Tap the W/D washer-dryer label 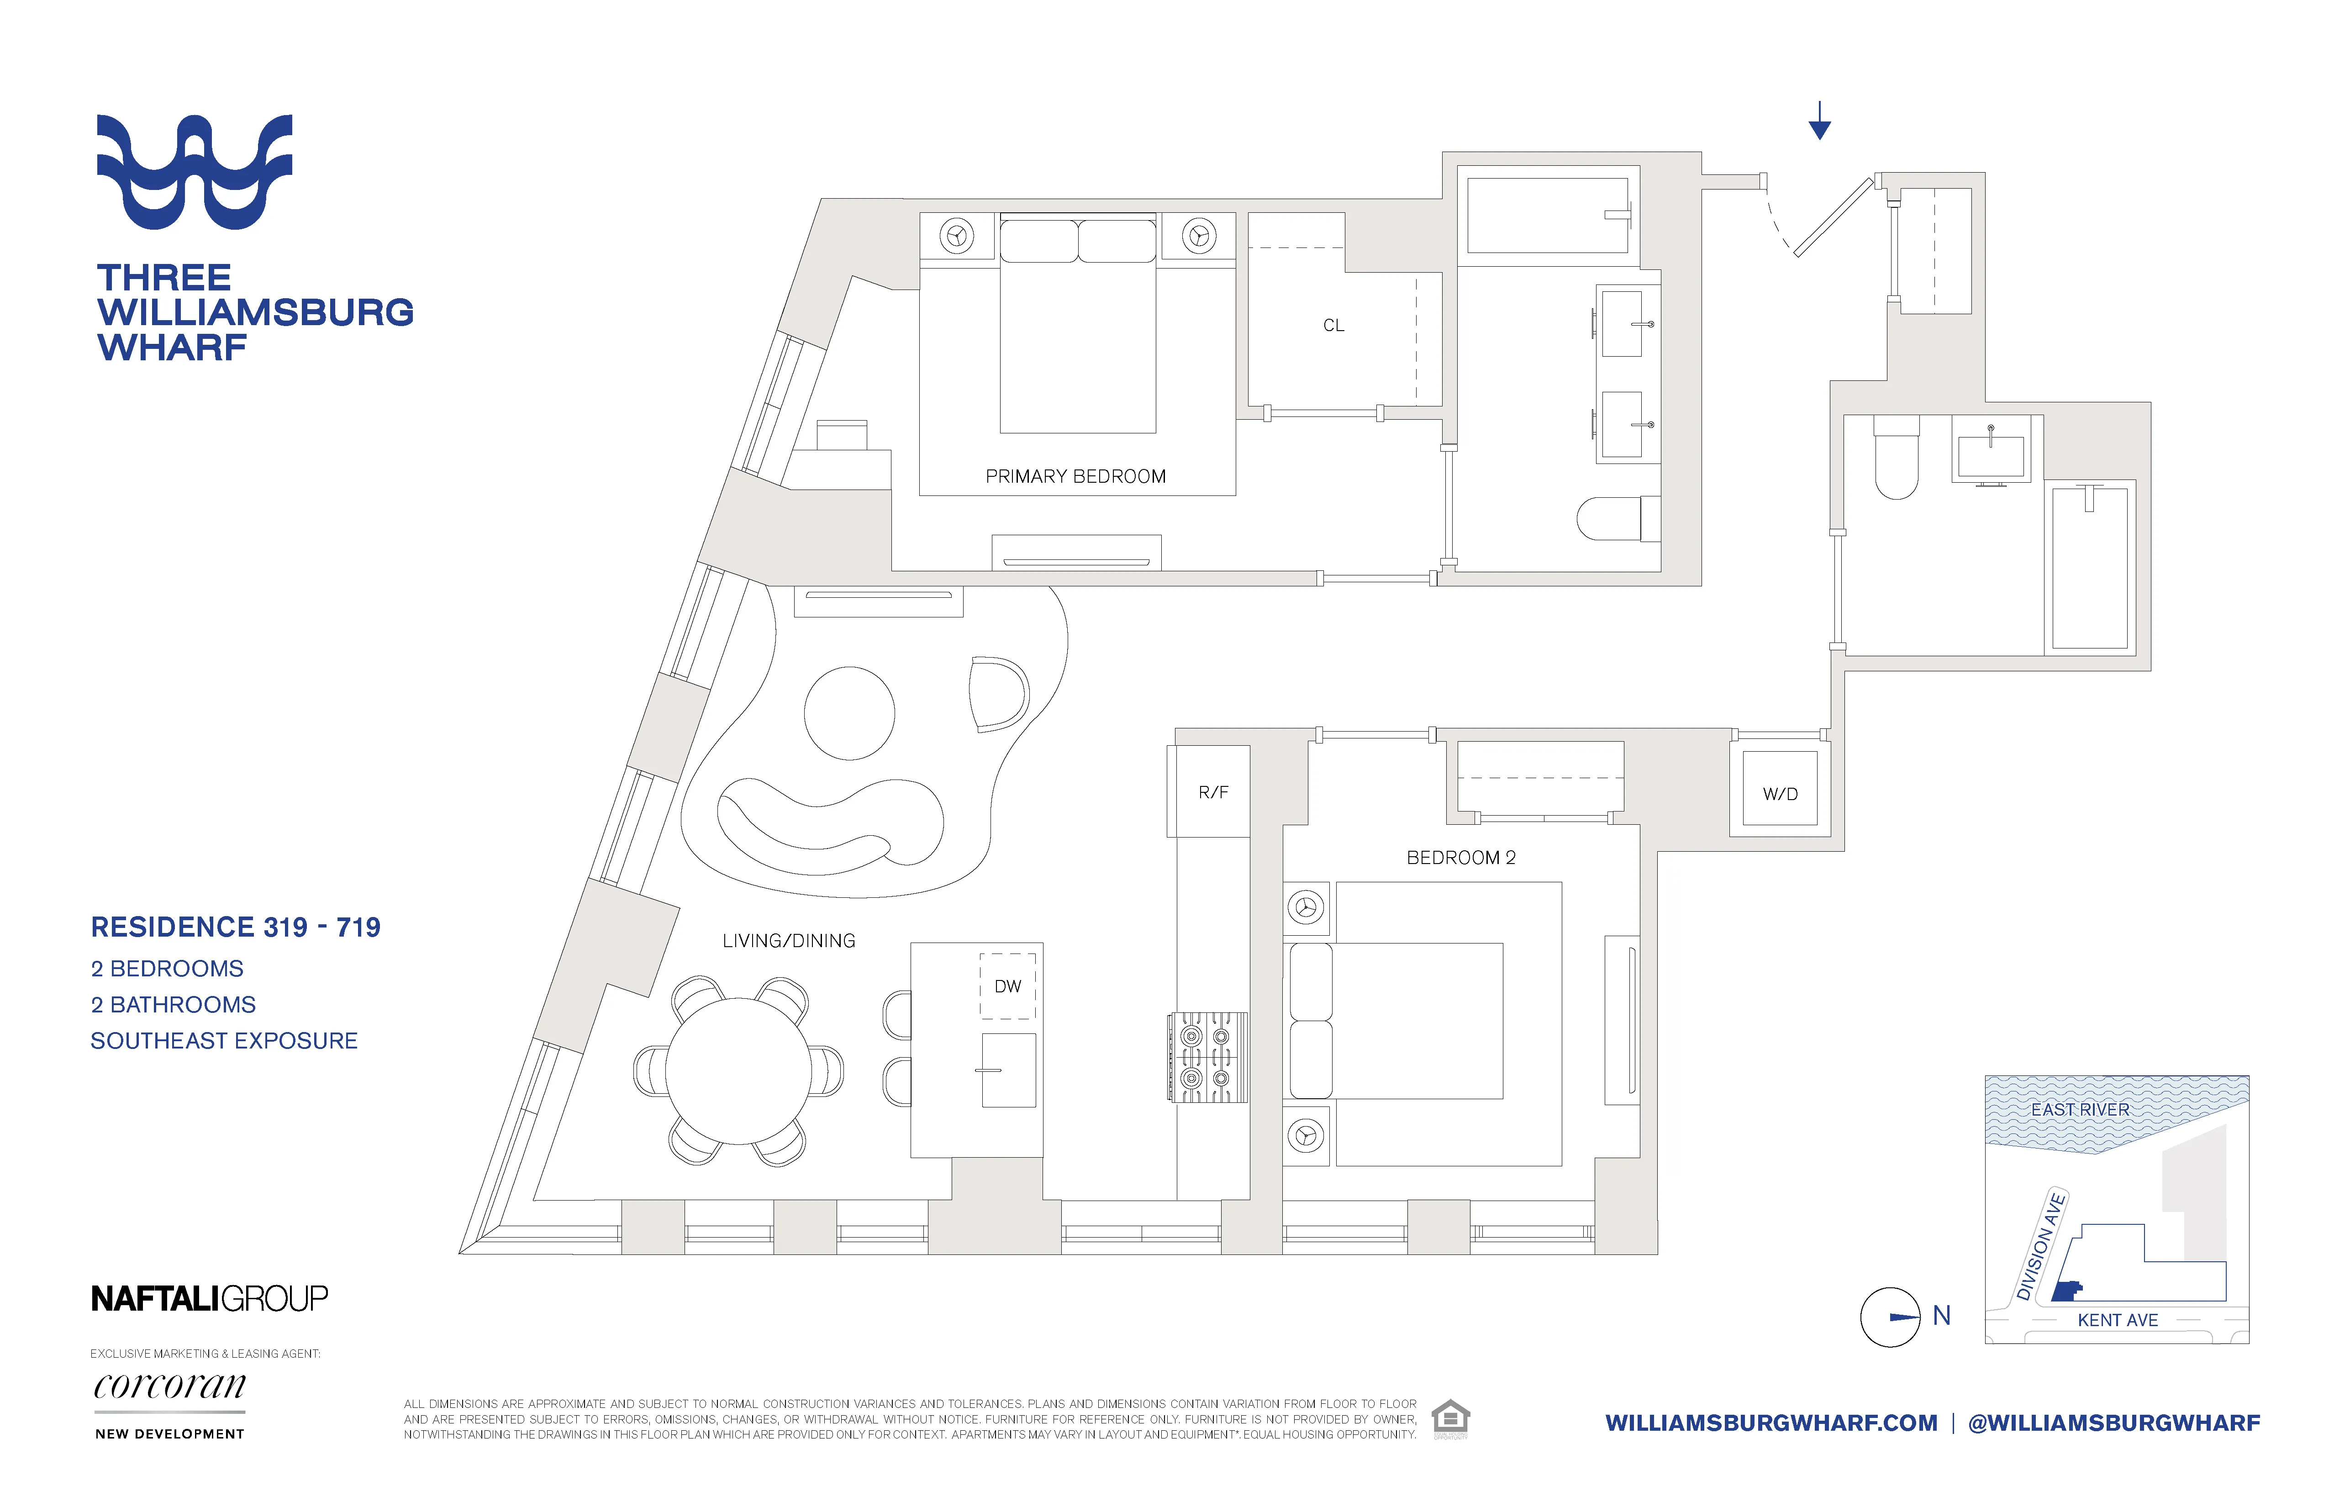point(1780,794)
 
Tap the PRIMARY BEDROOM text point(1075,477)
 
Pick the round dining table point(739,1070)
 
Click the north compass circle point(1890,1317)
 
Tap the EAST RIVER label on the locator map point(2080,1110)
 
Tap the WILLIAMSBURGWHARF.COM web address point(1771,1423)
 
